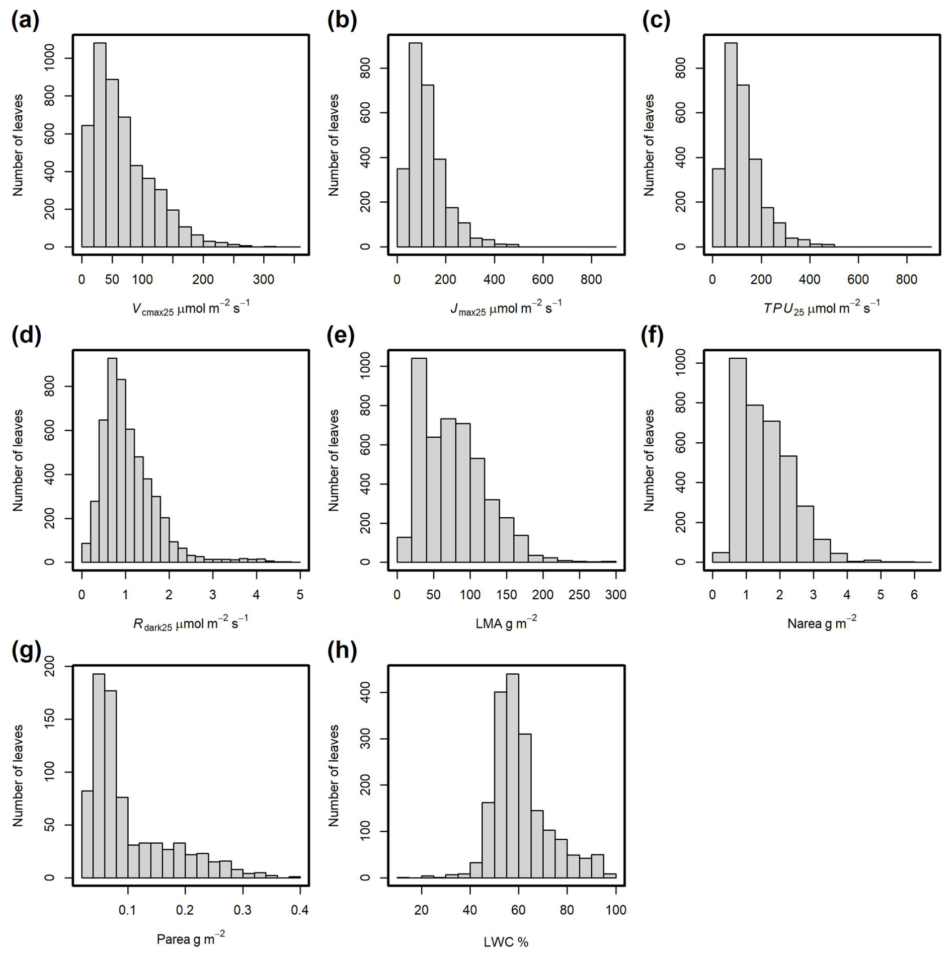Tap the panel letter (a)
pos(25,21)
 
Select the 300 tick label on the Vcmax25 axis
pos(263,280)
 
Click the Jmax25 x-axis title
pos(506,307)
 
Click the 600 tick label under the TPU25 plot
pos(858,280)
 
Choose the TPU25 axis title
pos(821,307)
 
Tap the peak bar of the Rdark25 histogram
pos(112,460)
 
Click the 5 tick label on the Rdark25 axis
pos(300,595)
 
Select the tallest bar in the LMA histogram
pos(419,460)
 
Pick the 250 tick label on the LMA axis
pos(579,595)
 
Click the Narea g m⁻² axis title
pos(821,623)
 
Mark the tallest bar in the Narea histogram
pos(737,460)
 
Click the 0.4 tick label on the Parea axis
pos(300,910)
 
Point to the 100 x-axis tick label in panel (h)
pos(616,910)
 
